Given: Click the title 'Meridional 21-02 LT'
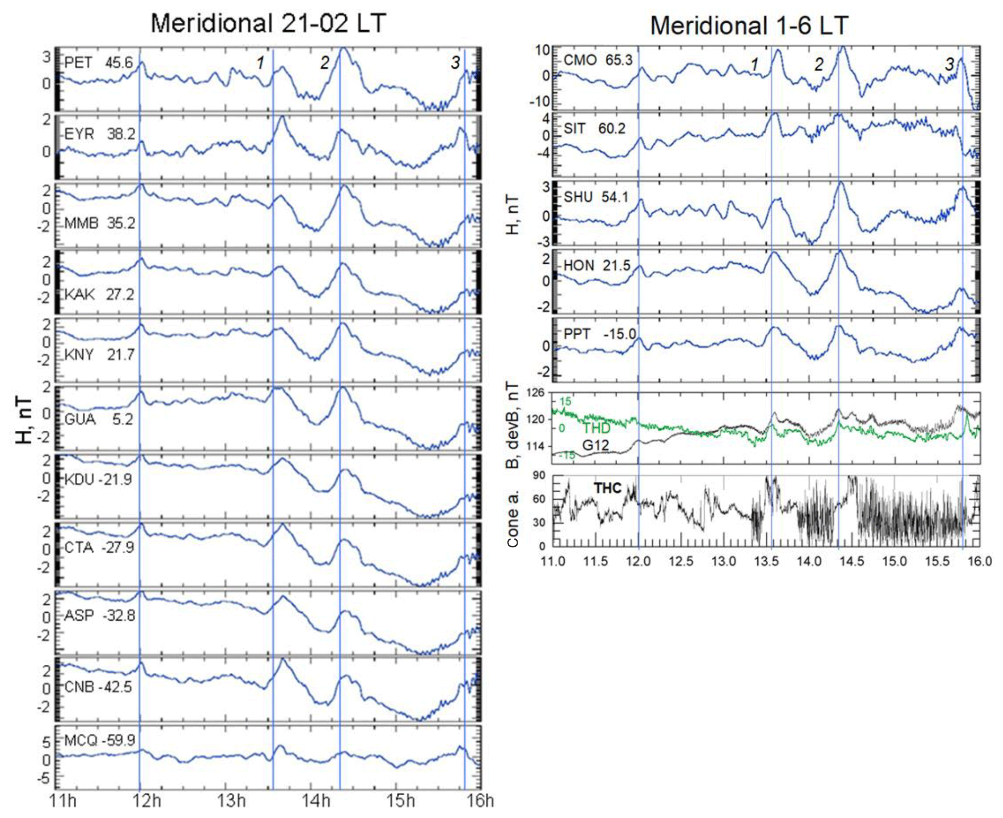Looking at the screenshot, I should [x=268, y=23].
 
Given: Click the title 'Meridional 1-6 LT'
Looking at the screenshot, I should [x=749, y=25].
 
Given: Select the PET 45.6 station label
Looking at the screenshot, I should [x=99, y=63].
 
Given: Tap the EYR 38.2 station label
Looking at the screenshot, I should [x=100, y=134].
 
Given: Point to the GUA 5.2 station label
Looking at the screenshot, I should [x=99, y=419].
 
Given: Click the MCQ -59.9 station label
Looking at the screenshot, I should [x=100, y=740].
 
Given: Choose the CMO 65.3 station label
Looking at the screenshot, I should [x=598, y=60].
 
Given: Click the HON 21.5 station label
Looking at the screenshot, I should [x=597, y=266].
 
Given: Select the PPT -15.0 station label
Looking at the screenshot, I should [x=599, y=334].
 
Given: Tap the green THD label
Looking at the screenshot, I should [x=596, y=428].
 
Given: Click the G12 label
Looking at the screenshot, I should [x=595, y=445].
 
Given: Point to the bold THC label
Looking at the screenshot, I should [x=607, y=488].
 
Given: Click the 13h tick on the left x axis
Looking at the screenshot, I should [x=231, y=801].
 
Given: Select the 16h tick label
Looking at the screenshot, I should [x=480, y=801].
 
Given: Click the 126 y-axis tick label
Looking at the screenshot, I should [x=535, y=393].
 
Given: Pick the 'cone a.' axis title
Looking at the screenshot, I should [x=513, y=518].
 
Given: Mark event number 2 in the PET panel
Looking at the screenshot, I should [x=324, y=62].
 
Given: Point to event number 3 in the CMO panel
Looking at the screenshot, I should [x=949, y=64].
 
